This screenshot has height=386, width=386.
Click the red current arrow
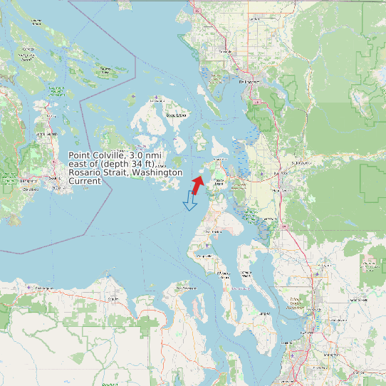(x=197, y=184)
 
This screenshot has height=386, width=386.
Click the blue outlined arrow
(x=190, y=202)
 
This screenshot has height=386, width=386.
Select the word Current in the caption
(x=85, y=181)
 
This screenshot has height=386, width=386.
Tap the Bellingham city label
(x=249, y=82)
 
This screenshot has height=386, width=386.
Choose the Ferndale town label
(x=226, y=52)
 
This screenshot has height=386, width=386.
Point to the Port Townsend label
(x=185, y=288)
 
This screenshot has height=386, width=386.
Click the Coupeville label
(x=204, y=255)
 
